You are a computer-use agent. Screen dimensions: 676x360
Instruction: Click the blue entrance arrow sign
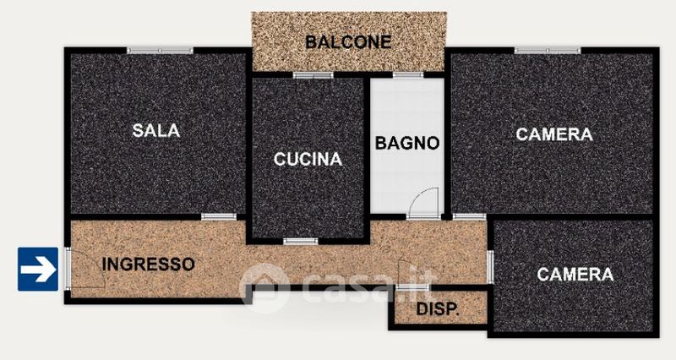coord(38,269)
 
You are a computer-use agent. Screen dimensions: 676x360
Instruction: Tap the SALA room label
coord(156,130)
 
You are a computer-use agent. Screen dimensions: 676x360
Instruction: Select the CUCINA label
coord(308,159)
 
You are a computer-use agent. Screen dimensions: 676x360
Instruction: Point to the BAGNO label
coord(407,143)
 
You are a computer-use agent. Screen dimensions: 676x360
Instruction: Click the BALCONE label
coord(348,41)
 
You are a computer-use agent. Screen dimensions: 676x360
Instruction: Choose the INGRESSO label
coord(149,265)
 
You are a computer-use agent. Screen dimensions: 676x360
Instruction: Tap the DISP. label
coord(437,308)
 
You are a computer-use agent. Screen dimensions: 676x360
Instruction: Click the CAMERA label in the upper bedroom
coord(554,134)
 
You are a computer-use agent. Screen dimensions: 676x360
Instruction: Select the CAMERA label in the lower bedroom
coord(575,274)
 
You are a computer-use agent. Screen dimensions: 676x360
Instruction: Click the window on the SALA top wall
coord(160,51)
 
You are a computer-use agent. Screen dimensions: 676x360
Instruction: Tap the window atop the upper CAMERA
coord(548,51)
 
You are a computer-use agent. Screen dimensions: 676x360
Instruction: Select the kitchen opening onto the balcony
coord(313,75)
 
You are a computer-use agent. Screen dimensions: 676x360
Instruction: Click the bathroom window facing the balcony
coord(408,75)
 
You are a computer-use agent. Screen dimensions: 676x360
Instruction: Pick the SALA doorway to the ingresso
coord(219,217)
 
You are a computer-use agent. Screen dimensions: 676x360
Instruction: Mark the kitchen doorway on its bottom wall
coord(301,242)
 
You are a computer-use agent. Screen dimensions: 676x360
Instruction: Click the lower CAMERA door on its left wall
coord(490,267)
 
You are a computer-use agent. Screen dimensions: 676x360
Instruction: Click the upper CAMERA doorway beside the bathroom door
coord(469,217)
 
